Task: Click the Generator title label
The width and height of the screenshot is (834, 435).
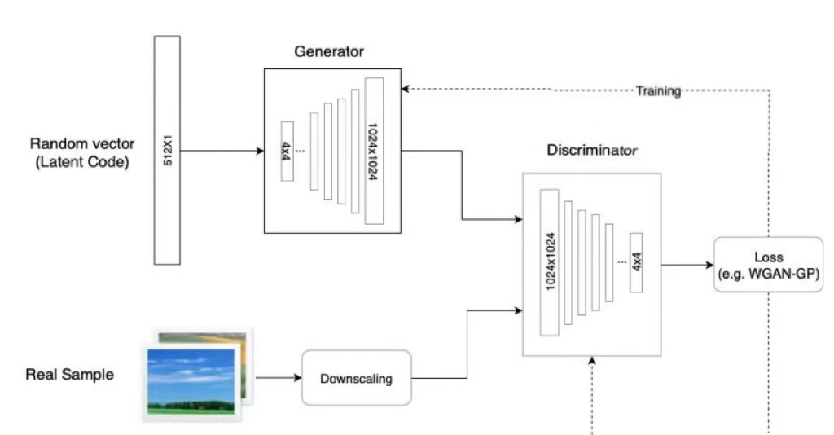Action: tap(329, 52)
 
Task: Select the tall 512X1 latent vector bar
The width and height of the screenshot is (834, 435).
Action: tap(167, 150)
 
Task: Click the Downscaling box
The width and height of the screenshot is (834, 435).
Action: tap(357, 378)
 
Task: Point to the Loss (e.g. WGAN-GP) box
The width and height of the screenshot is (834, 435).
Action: tap(767, 266)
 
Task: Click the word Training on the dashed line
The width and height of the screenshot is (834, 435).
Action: tap(658, 90)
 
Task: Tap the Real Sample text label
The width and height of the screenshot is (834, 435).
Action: tap(70, 375)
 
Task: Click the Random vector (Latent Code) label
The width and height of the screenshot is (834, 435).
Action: tap(80, 152)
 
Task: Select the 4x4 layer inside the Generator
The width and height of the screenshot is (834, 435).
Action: tap(287, 151)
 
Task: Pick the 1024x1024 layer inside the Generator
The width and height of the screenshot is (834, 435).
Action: tap(374, 151)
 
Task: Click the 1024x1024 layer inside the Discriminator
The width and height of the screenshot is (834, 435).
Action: tap(550, 262)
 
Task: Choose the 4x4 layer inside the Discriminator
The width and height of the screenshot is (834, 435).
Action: tap(636, 262)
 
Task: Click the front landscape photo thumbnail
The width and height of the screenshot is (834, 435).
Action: tap(192, 380)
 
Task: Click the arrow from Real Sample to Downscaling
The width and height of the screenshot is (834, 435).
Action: tap(277, 378)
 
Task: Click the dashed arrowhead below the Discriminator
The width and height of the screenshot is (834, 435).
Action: tap(592, 362)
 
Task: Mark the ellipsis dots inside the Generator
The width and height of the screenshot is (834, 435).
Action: tap(301, 151)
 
